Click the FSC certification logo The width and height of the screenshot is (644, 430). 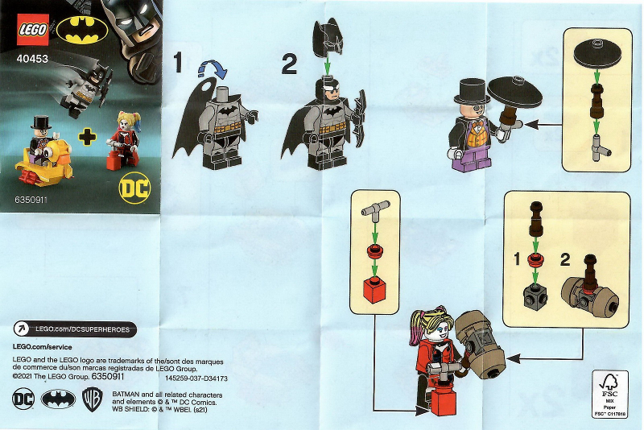(x=609, y=394)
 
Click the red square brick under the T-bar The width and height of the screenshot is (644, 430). (x=374, y=290)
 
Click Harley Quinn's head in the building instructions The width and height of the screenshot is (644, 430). (x=427, y=328)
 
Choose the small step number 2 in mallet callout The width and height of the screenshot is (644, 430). (x=564, y=259)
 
